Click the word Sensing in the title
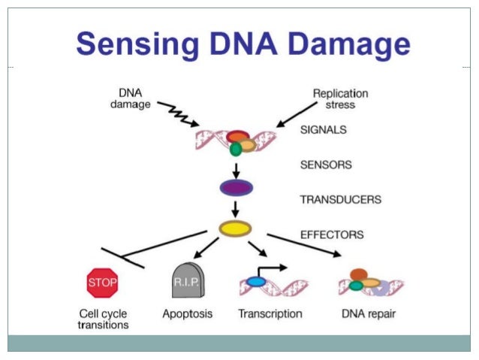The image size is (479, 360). [138, 45]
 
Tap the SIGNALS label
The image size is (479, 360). [324, 130]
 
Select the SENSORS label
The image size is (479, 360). [326, 165]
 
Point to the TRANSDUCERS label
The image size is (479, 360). [341, 199]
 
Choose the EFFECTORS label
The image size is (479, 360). [332, 234]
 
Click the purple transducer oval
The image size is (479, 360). [236, 187]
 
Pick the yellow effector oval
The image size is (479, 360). [235, 228]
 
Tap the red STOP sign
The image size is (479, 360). [102, 283]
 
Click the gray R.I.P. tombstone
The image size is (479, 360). [188, 280]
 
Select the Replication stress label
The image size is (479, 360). [340, 98]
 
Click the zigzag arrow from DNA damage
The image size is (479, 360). [179, 113]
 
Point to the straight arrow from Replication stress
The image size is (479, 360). [297, 115]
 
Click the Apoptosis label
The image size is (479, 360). [187, 314]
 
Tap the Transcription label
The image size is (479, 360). [270, 314]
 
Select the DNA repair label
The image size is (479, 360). [369, 314]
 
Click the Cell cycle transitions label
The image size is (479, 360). [103, 319]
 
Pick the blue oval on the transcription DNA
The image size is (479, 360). [256, 282]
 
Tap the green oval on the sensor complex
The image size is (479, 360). [236, 150]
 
